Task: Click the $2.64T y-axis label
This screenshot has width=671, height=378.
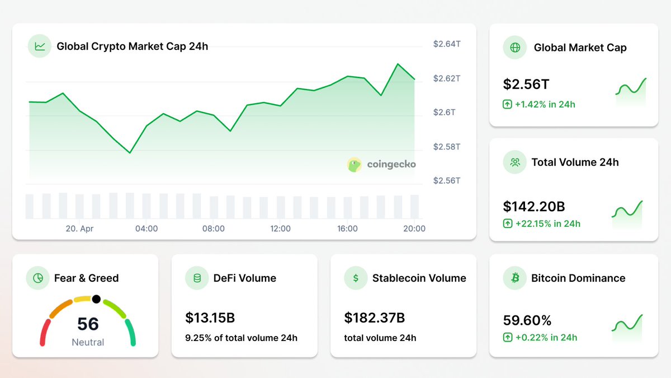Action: click(446, 44)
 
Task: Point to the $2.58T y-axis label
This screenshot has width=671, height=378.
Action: click(446, 147)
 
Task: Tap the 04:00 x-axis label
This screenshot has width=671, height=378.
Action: click(147, 228)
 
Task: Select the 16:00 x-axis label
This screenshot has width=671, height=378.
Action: click(347, 228)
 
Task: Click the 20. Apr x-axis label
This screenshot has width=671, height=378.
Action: click(79, 228)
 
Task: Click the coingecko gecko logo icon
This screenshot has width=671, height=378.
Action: click(355, 165)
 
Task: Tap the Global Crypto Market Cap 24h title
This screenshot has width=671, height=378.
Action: click(132, 46)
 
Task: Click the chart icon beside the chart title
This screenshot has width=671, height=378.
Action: click(40, 46)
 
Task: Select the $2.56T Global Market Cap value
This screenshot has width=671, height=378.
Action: click(526, 85)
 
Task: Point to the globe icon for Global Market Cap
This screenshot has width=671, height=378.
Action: click(515, 48)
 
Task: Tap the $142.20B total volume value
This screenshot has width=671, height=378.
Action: click(534, 207)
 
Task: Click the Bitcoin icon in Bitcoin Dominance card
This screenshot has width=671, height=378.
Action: click(515, 278)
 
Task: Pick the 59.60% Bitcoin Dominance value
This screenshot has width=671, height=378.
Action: click(527, 321)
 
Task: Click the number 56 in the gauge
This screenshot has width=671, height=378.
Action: click(88, 324)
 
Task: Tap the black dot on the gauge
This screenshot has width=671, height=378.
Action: click(96, 299)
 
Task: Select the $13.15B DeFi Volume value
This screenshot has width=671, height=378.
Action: click(210, 318)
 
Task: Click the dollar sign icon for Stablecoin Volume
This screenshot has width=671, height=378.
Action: click(356, 278)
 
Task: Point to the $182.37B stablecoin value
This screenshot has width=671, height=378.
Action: click(374, 318)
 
